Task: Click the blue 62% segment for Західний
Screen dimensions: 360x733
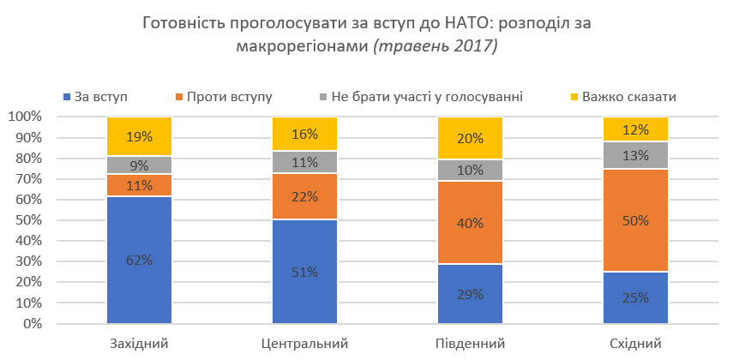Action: [139, 261]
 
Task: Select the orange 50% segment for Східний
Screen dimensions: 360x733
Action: [635, 220]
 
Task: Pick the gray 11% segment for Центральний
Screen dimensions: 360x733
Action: [304, 162]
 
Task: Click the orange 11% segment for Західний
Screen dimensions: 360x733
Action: [139, 185]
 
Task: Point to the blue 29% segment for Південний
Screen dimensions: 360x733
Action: [470, 294]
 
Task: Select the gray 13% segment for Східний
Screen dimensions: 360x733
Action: [635, 155]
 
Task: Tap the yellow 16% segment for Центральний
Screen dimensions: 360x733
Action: [304, 134]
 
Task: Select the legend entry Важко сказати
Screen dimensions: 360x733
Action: [628, 96]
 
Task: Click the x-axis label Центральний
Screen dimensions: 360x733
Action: [304, 344]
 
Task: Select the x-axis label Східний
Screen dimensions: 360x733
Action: [635, 344]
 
